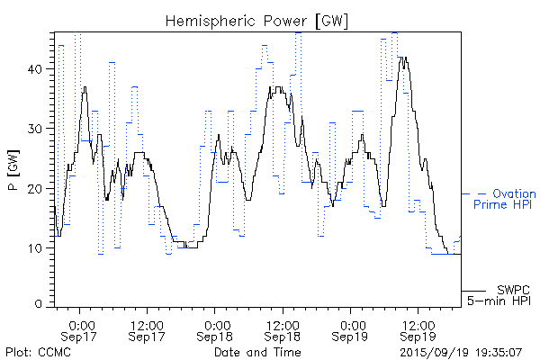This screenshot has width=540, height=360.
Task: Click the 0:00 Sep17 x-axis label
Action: (x=82, y=330)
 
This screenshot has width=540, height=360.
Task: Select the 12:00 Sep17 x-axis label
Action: (x=147, y=330)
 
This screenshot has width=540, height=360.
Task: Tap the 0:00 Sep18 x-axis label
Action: (x=216, y=330)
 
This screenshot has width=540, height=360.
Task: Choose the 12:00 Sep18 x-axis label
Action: (x=283, y=330)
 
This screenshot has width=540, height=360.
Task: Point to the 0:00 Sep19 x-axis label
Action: (x=352, y=330)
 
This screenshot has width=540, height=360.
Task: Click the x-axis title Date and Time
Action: (x=257, y=351)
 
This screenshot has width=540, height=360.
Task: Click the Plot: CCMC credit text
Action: (x=38, y=351)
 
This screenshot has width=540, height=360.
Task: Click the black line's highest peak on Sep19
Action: (x=404, y=58)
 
